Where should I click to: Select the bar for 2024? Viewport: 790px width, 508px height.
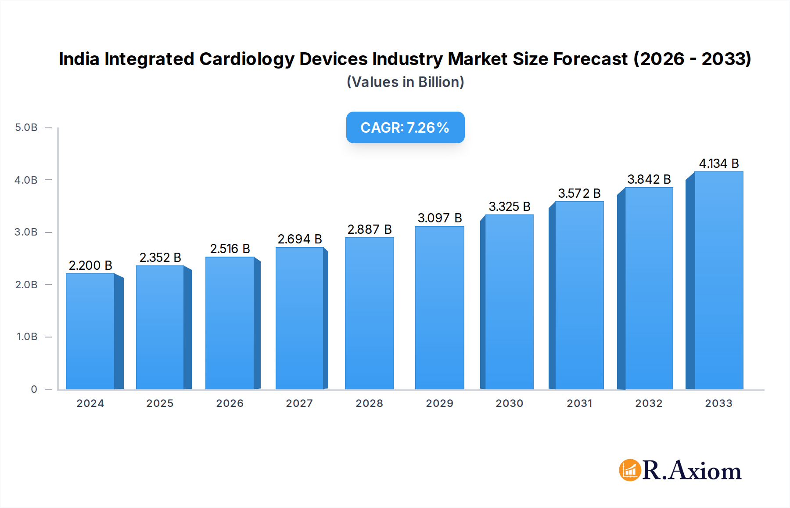tap(90, 332)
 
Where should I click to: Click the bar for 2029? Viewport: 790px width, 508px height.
tap(439, 308)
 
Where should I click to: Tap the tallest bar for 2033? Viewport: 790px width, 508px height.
tap(718, 281)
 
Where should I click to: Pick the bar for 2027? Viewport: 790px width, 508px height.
tap(300, 319)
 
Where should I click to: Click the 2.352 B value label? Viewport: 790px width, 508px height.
tap(160, 258)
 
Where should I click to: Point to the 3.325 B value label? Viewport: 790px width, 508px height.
tap(510, 207)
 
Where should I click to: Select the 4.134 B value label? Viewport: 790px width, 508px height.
tap(719, 163)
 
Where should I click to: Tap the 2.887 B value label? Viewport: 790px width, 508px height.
tap(370, 229)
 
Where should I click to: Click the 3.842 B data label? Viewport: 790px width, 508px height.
tap(649, 179)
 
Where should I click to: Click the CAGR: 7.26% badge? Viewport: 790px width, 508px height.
tap(405, 127)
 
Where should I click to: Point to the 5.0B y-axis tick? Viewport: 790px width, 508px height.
tap(26, 127)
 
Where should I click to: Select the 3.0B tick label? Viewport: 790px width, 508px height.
tap(26, 232)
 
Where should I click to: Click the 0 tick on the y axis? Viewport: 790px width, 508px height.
tap(34, 389)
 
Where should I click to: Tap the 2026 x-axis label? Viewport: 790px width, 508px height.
tap(230, 403)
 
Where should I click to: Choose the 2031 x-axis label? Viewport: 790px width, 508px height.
tap(579, 403)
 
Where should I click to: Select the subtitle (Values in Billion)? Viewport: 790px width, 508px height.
tap(405, 82)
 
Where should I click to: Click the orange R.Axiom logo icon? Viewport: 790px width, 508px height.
tap(630, 470)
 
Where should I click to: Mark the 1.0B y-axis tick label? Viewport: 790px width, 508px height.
tap(27, 337)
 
